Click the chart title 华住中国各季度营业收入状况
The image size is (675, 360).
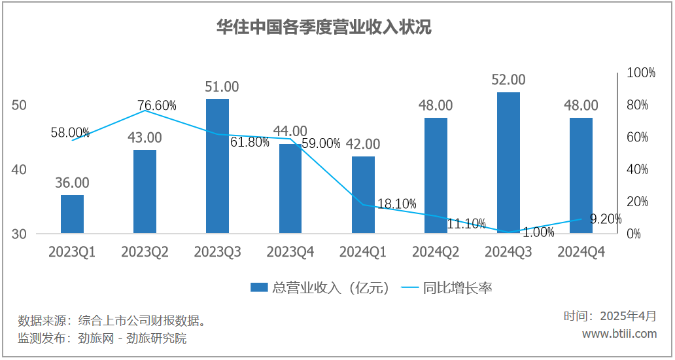click(324, 27)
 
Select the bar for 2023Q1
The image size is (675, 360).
click(72, 214)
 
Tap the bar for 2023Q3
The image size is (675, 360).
click(217, 166)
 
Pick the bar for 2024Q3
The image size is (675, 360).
click(508, 163)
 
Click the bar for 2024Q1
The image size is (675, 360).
click(363, 195)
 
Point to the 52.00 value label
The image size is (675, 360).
click(508, 80)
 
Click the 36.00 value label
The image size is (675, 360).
click(72, 183)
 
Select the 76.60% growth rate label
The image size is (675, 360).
click(156, 105)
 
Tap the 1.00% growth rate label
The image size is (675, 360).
click(539, 232)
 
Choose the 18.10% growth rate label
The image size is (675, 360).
click(397, 204)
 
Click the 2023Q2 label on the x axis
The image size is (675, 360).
click(145, 252)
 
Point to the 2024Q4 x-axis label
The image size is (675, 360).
click(581, 252)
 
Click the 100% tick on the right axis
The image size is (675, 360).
click(641, 73)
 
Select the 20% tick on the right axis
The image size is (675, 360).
click(638, 202)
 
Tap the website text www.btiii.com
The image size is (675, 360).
click(619, 334)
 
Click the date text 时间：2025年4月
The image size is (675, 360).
click(610, 316)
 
